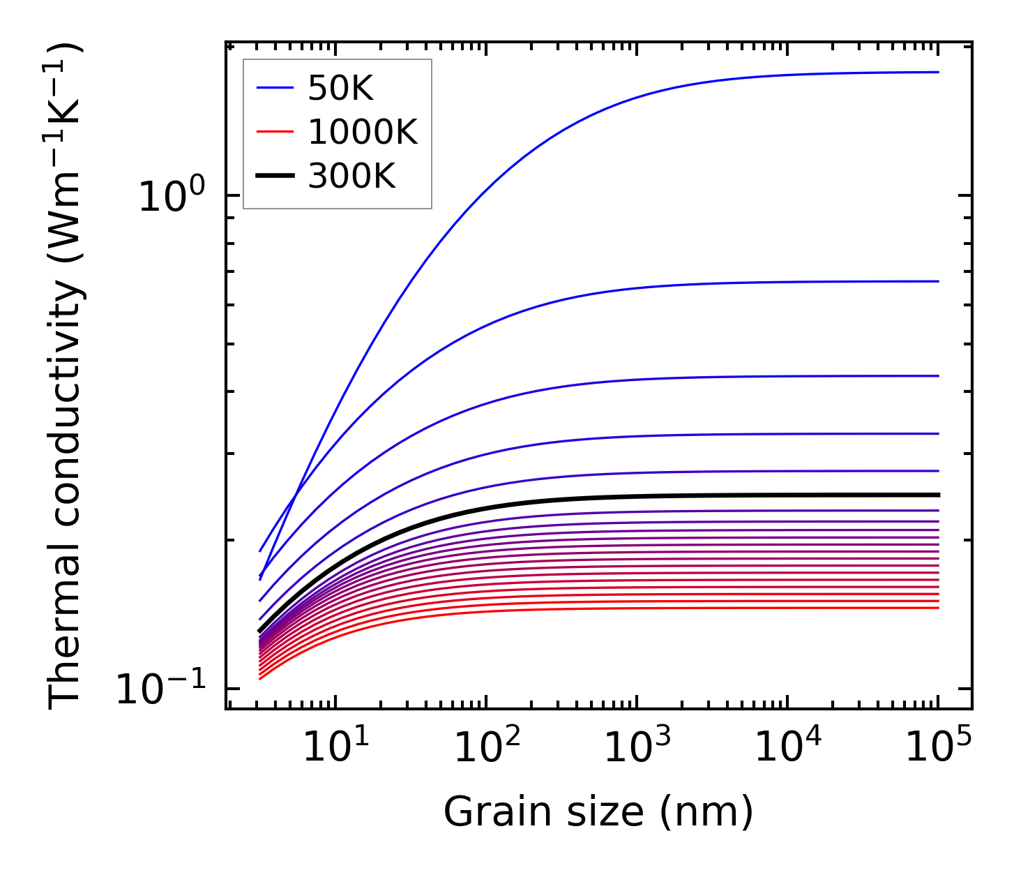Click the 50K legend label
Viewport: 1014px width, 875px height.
[x=340, y=88]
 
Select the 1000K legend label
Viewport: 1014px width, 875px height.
[x=363, y=132]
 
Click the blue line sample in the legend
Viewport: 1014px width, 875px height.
[x=275, y=88]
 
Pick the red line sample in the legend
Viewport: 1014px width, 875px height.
[x=275, y=132]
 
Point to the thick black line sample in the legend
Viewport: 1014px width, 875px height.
[x=275, y=176]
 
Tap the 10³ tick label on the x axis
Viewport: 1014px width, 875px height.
[x=636, y=747]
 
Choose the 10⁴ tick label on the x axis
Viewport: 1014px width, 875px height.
[x=787, y=747]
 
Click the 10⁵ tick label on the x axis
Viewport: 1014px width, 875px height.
[x=938, y=747]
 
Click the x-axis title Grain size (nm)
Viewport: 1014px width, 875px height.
[x=598, y=812]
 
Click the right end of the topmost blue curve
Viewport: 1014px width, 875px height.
[x=938, y=72]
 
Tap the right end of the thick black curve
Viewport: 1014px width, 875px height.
[x=938, y=495]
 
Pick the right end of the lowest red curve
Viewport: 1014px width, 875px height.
[x=938, y=607]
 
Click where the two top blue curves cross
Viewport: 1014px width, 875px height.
[x=297, y=495]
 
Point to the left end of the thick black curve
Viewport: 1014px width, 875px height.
[x=260, y=631]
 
